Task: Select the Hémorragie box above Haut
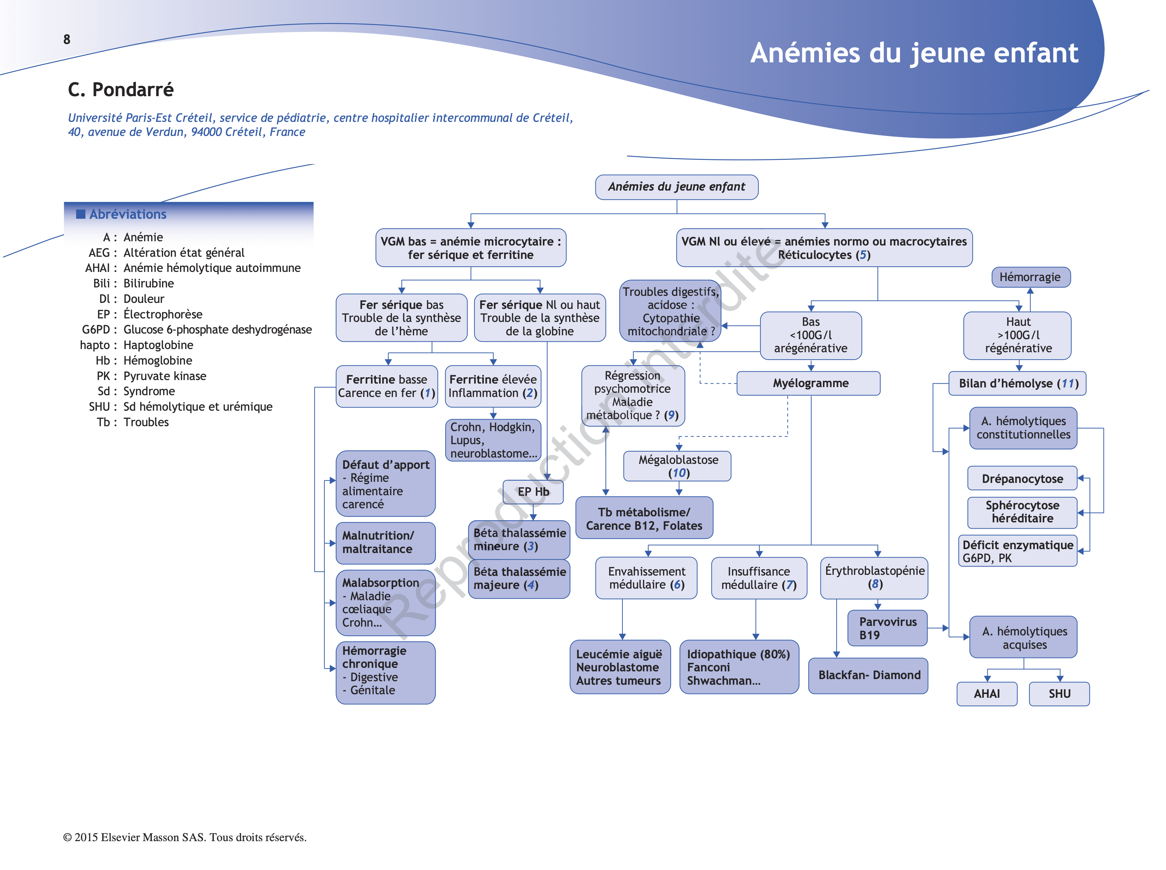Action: [x=1030, y=277]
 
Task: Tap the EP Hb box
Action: [x=533, y=491]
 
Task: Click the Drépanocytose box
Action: [x=1021, y=478]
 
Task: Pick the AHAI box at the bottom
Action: [x=986, y=693]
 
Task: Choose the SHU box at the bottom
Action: [x=1059, y=693]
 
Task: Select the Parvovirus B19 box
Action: [x=887, y=628]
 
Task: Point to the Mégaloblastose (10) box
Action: [x=677, y=466]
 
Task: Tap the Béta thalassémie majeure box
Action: [x=519, y=578]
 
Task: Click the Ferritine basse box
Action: [x=386, y=386]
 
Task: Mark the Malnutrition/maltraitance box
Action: [x=385, y=542]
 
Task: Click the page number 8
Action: [x=67, y=39]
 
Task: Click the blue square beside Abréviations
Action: [x=81, y=214]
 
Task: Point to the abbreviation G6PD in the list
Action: [x=96, y=330]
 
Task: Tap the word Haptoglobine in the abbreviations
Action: [x=158, y=345]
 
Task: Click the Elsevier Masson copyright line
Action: [x=184, y=837]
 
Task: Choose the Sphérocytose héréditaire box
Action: [x=1021, y=511]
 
